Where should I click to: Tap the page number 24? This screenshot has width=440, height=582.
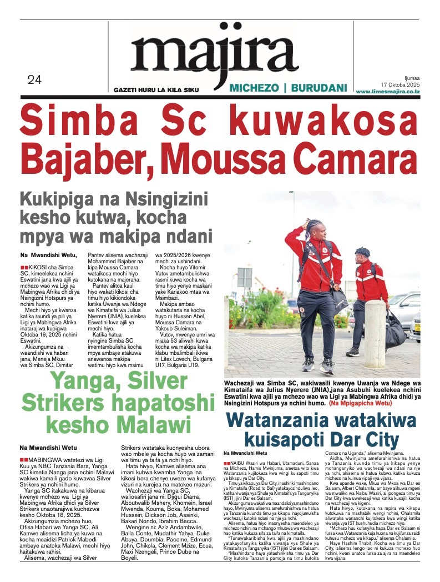click(x=34, y=80)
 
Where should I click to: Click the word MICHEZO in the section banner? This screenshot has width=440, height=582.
click(x=253, y=88)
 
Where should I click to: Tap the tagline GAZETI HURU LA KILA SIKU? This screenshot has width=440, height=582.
click(x=155, y=89)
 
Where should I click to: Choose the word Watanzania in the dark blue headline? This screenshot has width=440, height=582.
click(x=295, y=420)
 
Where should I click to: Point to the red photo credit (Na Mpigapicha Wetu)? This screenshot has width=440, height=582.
click(x=367, y=403)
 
